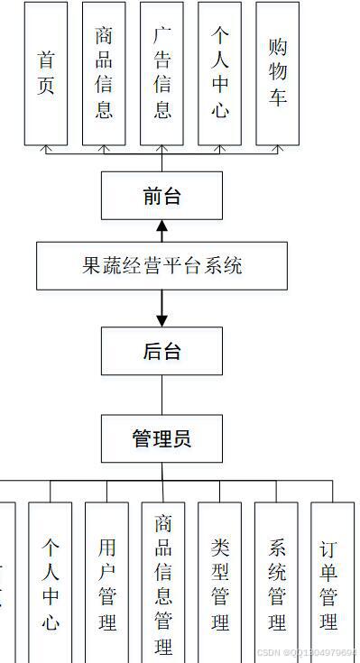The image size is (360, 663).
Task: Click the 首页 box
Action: [46, 73]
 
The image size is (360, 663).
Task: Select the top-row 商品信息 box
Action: [104, 73]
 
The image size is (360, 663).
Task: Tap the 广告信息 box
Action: [162, 73]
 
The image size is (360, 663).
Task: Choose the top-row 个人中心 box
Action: [220, 73]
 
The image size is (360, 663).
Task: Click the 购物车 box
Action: [278, 73]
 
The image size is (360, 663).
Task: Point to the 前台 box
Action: [162, 196]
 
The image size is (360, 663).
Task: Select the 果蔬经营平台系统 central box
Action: [162, 266]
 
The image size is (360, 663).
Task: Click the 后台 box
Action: [162, 351]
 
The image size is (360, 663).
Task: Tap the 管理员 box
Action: [162, 439]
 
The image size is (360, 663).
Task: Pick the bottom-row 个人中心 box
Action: [50, 582]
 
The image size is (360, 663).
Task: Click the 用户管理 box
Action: [107, 582]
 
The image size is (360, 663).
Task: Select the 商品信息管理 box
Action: [163, 582]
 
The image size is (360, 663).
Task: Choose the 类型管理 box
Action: [220, 582]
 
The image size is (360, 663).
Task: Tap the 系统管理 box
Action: [276, 582]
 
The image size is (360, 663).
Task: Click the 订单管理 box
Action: [332, 582]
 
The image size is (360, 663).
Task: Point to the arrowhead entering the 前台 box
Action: [162, 225]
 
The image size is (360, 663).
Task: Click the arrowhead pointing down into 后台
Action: [162, 320]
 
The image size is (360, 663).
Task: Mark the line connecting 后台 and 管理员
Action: [162, 394]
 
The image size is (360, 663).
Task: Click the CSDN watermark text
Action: [307, 652]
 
